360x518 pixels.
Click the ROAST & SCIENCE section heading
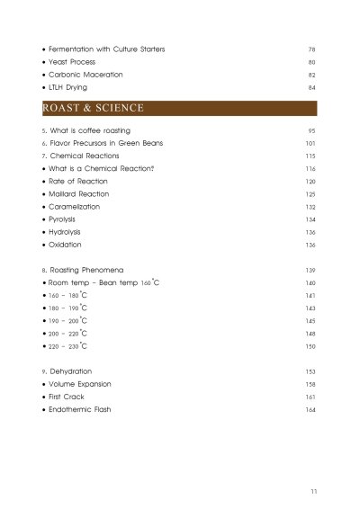(x=94, y=109)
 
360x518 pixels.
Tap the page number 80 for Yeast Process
(x=312, y=61)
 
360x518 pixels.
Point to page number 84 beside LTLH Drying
(x=312, y=87)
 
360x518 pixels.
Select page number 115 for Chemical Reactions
(x=310, y=156)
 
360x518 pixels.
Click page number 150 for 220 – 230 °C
(x=310, y=345)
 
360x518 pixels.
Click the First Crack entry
(x=71, y=396)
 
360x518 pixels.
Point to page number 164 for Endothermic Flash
(x=310, y=409)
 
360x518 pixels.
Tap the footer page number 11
(x=312, y=491)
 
